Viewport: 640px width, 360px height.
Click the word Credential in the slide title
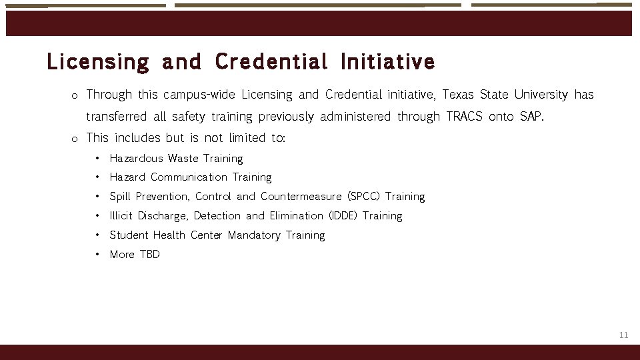tap(271, 62)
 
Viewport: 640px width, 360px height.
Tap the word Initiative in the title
tap(387, 62)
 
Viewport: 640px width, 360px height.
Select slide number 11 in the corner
tap(623, 335)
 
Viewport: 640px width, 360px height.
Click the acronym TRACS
tap(464, 117)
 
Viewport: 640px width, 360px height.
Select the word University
tap(541, 95)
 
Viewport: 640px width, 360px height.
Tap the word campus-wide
tap(199, 95)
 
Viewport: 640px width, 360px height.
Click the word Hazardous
tap(136, 159)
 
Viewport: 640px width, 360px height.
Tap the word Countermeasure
tap(301, 197)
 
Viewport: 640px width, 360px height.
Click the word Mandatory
tap(254, 235)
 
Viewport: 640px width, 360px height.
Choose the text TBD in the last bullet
tap(149, 255)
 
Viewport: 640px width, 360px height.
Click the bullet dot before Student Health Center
tap(97, 235)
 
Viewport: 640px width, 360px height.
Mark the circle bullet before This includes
tap(75, 139)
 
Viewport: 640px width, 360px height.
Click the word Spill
tap(120, 197)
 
